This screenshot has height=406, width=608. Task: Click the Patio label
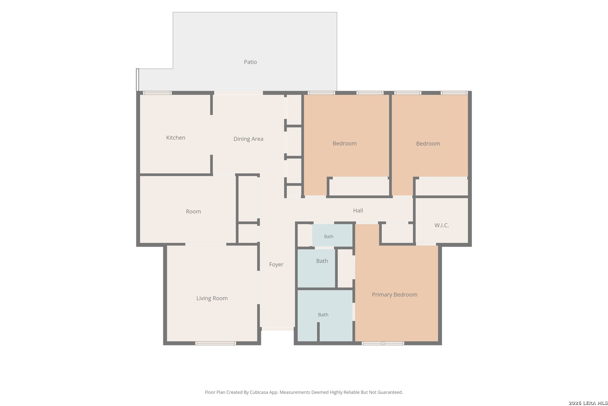click(x=250, y=62)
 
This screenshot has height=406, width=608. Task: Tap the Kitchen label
click(x=176, y=138)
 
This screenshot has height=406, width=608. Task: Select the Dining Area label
click(x=248, y=139)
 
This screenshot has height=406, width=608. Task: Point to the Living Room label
click(x=212, y=298)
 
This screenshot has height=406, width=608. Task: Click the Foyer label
click(x=276, y=265)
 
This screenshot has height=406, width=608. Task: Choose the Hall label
click(x=358, y=211)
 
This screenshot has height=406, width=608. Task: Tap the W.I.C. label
click(x=442, y=225)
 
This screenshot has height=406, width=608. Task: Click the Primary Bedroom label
click(x=395, y=295)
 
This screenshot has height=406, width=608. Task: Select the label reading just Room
click(x=194, y=212)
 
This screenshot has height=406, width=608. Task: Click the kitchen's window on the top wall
click(x=157, y=93)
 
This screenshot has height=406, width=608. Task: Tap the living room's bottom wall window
click(x=215, y=343)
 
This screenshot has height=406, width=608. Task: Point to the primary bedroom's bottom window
click(x=383, y=343)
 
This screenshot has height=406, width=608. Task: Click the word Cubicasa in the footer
click(x=259, y=392)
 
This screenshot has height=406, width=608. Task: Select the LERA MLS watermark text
click(x=588, y=403)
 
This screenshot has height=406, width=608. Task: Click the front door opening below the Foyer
click(x=278, y=329)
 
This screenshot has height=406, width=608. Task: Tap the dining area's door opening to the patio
click(x=239, y=93)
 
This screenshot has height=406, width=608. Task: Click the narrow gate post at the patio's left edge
click(x=138, y=80)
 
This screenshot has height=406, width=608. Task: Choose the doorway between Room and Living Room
click(x=206, y=244)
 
